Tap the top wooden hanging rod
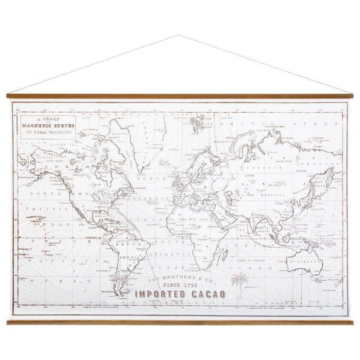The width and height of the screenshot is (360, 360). point(180,97)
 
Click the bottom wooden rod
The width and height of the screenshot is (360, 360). point(180,322)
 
